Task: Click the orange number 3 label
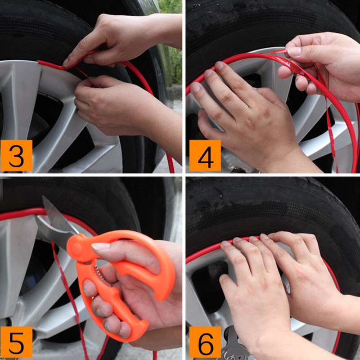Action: [x=16, y=155]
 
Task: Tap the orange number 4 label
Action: [x=205, y=155]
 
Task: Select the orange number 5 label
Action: [x=16, y=342]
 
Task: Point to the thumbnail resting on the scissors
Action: [x=100, y=246]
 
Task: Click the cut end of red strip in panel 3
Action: [x=40, y=62]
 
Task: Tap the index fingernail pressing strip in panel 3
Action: [x=65, y=63]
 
